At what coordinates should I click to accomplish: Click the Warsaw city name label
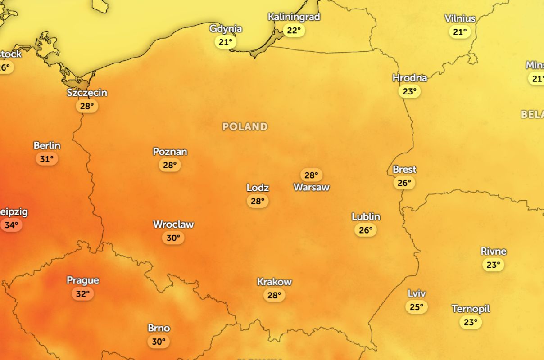pos(312,187)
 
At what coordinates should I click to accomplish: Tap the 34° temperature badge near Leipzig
pos(11,225)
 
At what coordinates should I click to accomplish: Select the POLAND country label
pos(245,126)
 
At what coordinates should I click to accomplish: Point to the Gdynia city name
pos(226,29)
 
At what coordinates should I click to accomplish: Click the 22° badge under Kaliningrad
pos(294,31)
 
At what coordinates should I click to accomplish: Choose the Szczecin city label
pos(87,93)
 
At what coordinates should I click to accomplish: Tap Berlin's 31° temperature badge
pos(47,159)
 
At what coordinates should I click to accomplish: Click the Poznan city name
pos(170,152)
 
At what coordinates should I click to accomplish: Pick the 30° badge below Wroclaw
pos(173,238)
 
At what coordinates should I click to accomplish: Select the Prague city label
pos(83,280)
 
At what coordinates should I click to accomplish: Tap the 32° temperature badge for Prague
pos(83,294)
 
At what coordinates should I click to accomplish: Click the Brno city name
pos(159,328)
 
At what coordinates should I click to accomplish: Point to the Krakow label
pos(274,282)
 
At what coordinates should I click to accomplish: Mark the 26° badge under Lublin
pos(366,230)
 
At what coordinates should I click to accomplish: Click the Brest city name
pos(404,170)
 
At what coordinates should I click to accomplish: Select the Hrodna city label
pos(409,78)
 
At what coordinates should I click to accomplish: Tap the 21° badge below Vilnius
pos(460,32)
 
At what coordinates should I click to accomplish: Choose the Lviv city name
pos(417,293)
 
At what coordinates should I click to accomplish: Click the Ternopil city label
pos(471,309)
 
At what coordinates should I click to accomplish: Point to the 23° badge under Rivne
pos(493,265)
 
